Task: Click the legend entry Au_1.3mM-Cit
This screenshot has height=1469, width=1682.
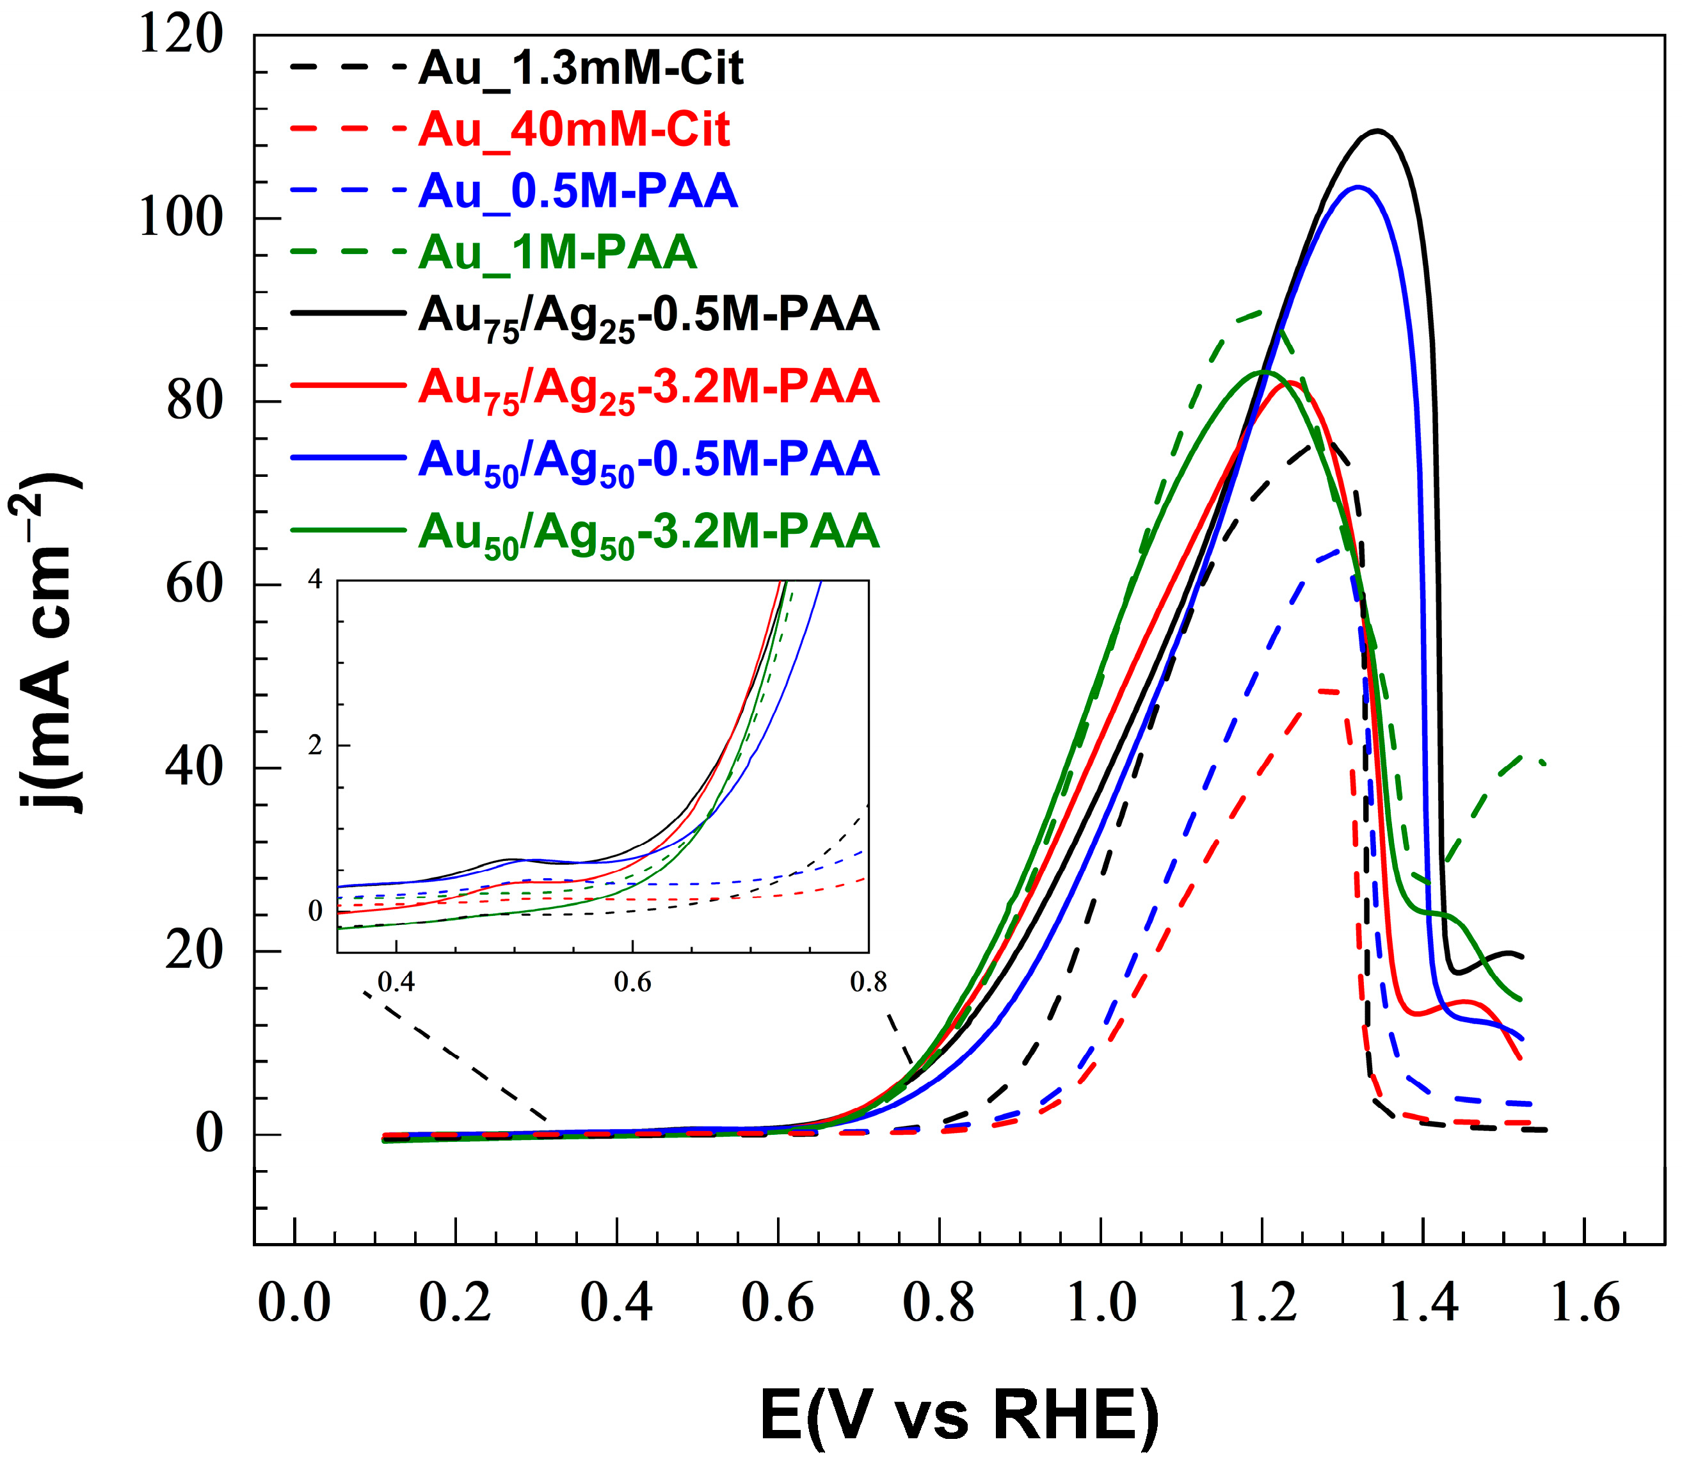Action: tap(581, 68)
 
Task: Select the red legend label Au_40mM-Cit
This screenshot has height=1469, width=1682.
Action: tap(573, 129)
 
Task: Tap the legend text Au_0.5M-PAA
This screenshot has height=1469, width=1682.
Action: tap(578, 191)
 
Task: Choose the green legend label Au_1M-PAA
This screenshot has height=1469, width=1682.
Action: tap(557, 252)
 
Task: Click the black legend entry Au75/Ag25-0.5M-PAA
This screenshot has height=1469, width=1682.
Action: tap(648, 316)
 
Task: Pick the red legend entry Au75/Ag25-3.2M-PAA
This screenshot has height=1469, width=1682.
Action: tap(648, 388)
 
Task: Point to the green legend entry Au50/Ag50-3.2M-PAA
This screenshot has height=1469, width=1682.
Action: tap(648, 532)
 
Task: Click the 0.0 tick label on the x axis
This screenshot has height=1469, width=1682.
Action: tap(293, 1303)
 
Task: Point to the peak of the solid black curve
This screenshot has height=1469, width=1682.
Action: tap(1378, 131)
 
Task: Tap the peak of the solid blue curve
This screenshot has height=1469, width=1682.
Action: tap(1358, 187)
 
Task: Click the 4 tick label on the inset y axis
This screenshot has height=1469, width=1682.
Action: tap(316, 581)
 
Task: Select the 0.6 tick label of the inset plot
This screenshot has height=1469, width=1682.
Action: tap(632, 982)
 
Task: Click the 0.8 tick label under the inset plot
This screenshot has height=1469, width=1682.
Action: tap(868, 982)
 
